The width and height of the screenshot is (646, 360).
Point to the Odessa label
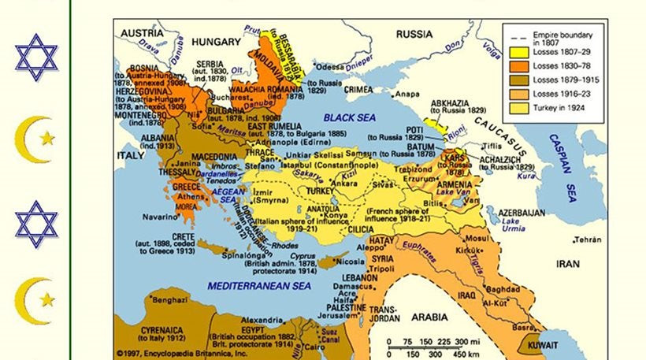329,67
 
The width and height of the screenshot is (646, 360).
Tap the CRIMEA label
359,90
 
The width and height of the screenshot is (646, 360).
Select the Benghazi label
169,300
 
